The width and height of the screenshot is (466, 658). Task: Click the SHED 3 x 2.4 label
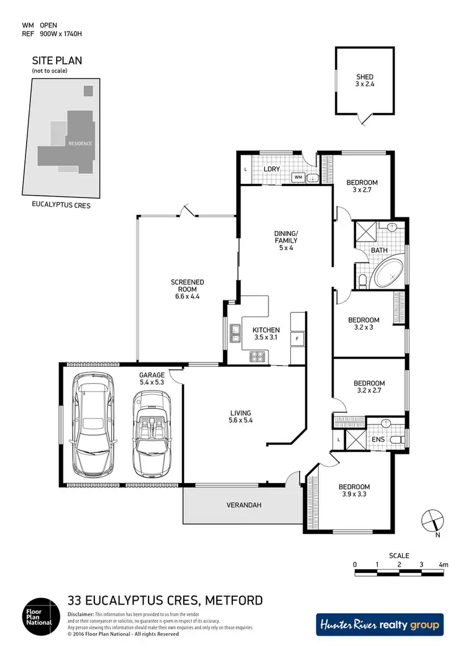tap(364, 81)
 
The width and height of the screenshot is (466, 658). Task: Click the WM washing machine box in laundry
tap(298, 178)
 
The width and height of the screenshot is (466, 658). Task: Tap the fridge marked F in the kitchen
tap(298, 338)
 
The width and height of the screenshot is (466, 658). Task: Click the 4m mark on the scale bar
tap(442, 564)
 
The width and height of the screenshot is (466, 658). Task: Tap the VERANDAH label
tap(243, 505)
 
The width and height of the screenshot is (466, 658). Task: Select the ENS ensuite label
tap(378, 439)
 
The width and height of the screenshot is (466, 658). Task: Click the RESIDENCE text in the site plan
tap(80, 143)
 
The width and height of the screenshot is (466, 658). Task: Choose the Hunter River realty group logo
tap(380, 624)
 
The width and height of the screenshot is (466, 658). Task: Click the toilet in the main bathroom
tap(363, 281)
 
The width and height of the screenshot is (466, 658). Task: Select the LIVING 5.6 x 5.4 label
tap(240, 417)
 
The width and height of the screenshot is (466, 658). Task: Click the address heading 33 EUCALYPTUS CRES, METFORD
tap(165, 600)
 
